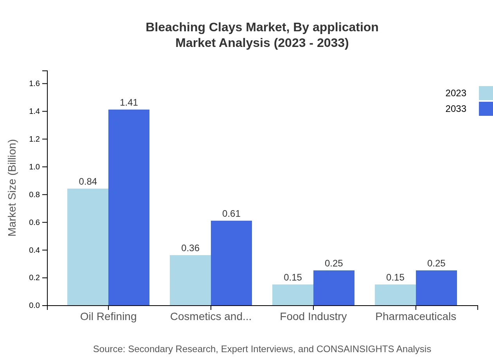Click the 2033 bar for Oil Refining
[x=129, y=207]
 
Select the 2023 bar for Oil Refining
[x=88, y=247]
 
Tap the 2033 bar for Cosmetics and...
[x=231, y=263]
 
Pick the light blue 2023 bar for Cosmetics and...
[x=190, y=280]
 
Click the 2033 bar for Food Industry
[x=334, y=288]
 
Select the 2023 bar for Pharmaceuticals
[x=395, y=295]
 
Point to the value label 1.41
[x=129, y=103]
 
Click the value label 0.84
[x=88, y=182]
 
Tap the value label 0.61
[x=231, y=214]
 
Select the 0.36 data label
[x=190, y=248]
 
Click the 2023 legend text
[x=456, y=93]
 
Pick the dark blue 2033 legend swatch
[x=486, y=109]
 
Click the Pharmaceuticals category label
[x=416, y=316]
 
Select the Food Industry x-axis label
[x=313, y=316]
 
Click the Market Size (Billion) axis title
[x=13, y=188]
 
